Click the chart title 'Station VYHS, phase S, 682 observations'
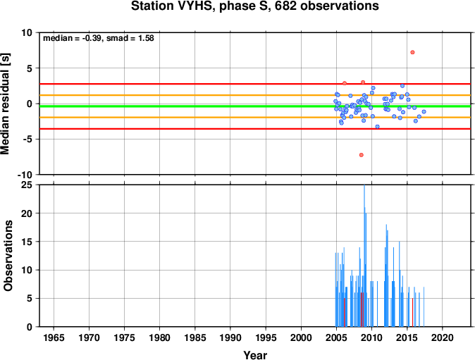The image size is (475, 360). coord(255,6)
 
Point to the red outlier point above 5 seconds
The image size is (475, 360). coord(412,52)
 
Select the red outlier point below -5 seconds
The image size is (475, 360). coord(361,155)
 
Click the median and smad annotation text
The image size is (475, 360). coord(99,38)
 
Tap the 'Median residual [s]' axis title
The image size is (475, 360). coord(5,104)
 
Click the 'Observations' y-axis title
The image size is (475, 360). coord(8,256)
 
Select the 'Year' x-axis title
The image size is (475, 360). coord(255,355)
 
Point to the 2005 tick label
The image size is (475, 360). coord(336,337)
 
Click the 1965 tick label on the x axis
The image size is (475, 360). coord(54,337)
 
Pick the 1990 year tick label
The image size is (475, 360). coord(230,337)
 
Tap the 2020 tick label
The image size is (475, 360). coord(443,337)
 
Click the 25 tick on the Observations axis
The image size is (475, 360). coord(27,185)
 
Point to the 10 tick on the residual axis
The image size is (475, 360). coord(27,32)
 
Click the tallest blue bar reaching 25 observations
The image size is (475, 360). coord(364,256)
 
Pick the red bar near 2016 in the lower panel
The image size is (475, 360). coord(412,313)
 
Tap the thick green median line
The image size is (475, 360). coord(255,106)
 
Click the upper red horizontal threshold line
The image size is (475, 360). coord(255,84)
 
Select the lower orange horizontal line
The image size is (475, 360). coord(255,118)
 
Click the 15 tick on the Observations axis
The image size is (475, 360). coord(27,242)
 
